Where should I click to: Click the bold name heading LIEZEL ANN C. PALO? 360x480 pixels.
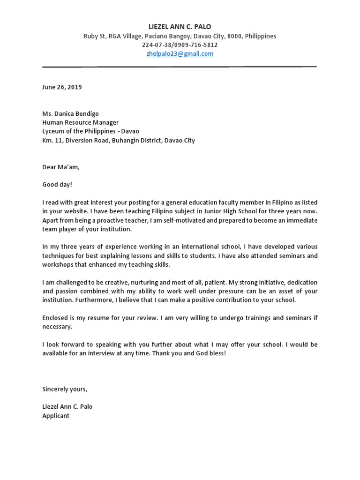[x=180, y=27]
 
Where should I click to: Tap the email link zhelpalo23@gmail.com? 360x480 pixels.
[x=180, y=54]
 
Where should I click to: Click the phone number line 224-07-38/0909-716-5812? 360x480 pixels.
[x=180, y=45]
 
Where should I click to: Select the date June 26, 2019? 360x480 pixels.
[x=62, y=87]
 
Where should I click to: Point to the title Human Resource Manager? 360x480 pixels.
[x=80, y=123]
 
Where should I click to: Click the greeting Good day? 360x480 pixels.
[x=57, y=185]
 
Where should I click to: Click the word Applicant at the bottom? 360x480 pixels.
[x=56, y=416]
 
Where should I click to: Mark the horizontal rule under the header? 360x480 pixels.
[x=180, y=67]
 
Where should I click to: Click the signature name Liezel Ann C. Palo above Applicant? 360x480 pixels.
[x=67, y=407]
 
